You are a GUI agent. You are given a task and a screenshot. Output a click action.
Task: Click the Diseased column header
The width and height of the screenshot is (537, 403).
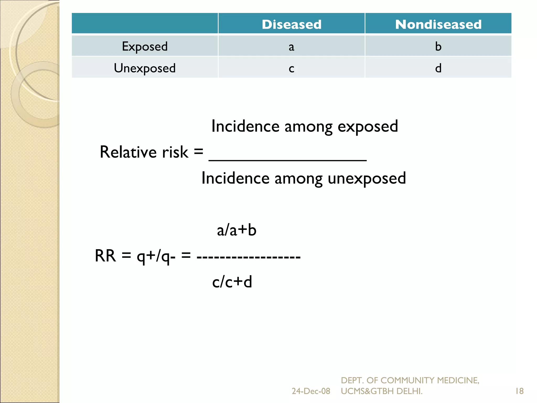click(291, 24)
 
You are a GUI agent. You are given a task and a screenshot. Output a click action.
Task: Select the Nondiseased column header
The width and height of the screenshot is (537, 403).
click(438, 24)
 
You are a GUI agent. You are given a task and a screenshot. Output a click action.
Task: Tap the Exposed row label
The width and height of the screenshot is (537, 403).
click(145, 46)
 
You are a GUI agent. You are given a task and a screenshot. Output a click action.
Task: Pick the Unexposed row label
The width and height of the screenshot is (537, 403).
click(145, 68)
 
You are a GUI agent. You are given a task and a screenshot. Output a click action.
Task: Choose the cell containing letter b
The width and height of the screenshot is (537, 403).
click(438, 46)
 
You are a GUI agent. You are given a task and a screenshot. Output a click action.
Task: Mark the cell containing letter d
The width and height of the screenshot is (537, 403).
click(438, 68)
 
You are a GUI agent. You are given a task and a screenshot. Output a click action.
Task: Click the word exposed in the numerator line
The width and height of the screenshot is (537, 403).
click(368, 127)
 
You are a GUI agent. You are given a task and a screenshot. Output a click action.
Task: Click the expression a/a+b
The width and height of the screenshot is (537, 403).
click(237, 230)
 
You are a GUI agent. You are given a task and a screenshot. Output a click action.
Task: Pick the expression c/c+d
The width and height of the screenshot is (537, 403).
click(232, 282)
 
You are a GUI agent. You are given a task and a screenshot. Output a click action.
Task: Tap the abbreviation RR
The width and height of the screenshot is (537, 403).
click(105, 256)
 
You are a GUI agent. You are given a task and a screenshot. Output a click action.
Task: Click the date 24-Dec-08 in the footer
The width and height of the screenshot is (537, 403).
click(311, 391)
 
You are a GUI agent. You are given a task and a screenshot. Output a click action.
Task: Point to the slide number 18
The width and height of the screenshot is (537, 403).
click(519, 391)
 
